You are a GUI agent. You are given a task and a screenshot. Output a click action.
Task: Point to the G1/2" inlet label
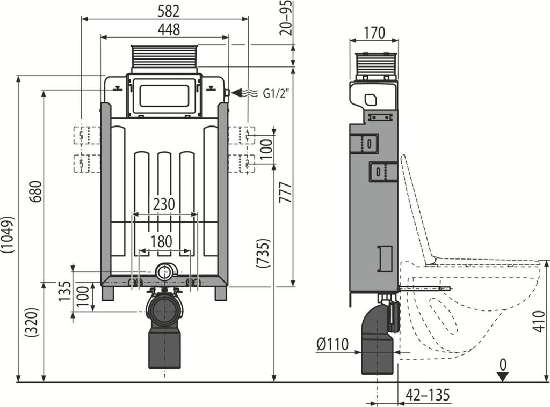coord(276,93)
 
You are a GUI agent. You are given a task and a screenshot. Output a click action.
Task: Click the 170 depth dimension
coord(374,32)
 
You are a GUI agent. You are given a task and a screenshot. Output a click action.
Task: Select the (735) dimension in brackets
coord(263,253)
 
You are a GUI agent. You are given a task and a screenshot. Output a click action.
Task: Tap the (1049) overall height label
coord(8,234)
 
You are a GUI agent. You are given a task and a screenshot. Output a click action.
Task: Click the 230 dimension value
coord(164,204)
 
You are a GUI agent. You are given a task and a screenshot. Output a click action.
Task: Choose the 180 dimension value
coord(162,241)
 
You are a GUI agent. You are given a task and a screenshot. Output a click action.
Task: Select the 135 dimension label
coord(65,292)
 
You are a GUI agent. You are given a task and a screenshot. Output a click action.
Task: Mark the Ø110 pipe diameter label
coord(332,344)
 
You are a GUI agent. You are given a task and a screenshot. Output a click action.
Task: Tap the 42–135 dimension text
coord(427,395)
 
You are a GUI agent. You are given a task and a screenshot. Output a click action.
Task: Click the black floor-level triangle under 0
coord(502,377)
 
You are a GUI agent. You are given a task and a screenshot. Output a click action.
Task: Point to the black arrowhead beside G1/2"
coord(237,93)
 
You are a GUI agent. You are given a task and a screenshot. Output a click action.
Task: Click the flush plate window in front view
coord(164,96)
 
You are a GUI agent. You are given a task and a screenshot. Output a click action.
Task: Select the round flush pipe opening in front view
coord(164,272)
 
